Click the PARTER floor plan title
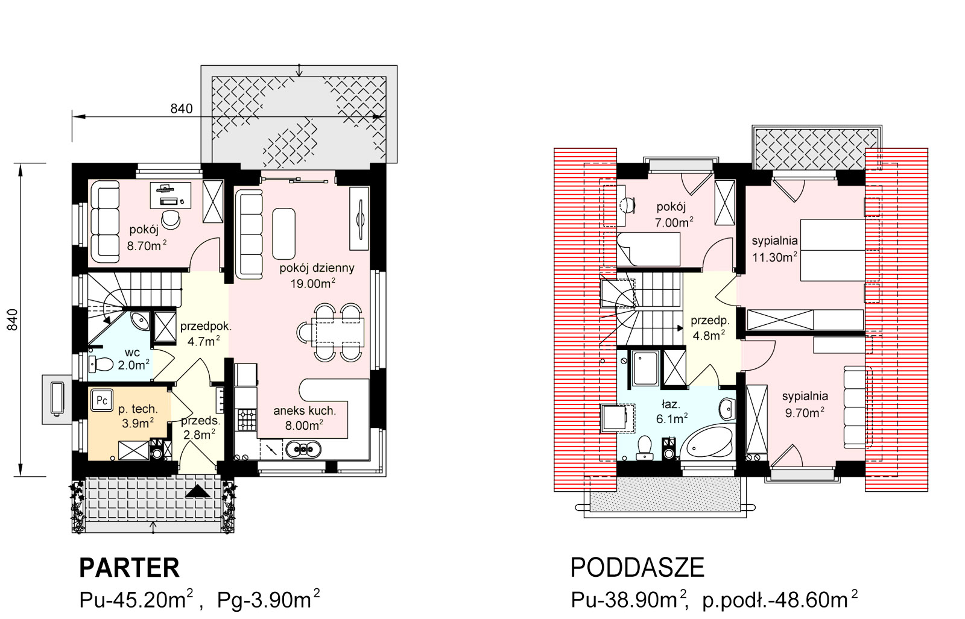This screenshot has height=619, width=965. [129, 568]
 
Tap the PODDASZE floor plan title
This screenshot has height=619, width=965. [637, 568]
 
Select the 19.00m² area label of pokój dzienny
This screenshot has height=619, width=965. [313, 283]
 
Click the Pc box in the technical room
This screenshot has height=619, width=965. [102, 400]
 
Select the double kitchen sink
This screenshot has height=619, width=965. [303, 450]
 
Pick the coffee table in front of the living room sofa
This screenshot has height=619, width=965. [284, 233]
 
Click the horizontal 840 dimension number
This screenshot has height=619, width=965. [182, 108]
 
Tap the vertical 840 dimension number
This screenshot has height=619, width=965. [13, 319]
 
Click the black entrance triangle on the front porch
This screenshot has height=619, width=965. [198, 491]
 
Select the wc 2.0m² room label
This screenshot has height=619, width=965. [133, 359]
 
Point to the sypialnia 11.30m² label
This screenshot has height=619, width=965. [774, 249]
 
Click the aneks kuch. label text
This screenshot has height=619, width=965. [305, 410]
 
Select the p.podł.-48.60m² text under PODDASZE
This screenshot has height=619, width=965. [780, 599]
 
